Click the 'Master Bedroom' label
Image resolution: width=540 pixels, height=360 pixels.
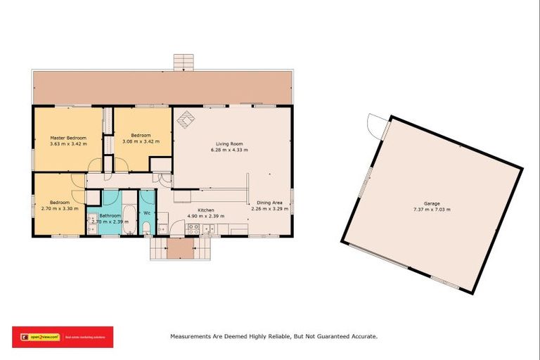tap(67, 138)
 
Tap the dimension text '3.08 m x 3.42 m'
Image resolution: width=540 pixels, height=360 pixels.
tap(141, 141)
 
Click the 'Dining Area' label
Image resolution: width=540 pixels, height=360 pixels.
tap(269, 202)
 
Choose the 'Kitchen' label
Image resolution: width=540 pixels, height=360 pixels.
tap(205, 210)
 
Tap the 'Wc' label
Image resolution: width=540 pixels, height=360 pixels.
tap(147, 212)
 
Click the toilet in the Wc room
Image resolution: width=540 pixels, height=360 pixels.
tap(146, 227)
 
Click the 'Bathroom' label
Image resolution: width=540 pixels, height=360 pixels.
tap(110, 216)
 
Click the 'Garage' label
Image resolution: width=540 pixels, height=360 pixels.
tap(432, 204)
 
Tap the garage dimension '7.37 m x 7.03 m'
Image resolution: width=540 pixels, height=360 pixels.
tap(432, 210)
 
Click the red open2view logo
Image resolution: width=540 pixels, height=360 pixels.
tap(62, 337)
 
